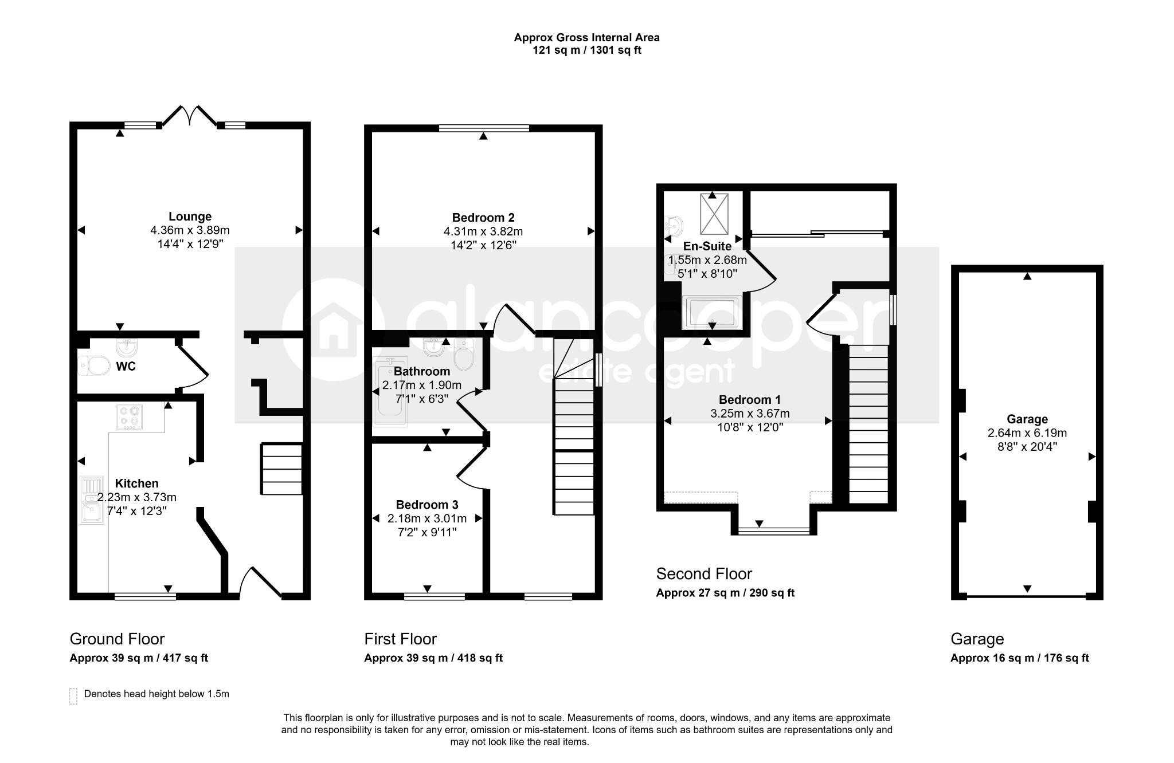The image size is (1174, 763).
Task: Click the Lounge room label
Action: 190,217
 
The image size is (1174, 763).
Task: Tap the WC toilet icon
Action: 94,365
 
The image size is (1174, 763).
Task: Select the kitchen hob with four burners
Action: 129,417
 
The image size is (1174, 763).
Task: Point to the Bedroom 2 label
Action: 483,218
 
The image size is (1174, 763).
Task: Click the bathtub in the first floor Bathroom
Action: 390,392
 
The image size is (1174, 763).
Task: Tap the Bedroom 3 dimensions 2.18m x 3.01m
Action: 427,518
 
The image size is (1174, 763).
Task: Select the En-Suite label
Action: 707,246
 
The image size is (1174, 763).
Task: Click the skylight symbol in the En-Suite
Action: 714,214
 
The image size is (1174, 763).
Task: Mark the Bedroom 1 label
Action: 750,400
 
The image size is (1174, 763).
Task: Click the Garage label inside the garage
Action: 1027,419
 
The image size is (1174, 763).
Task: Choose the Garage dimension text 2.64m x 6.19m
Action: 1027,433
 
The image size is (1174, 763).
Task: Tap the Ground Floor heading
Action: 117,639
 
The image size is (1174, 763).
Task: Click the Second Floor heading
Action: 704,573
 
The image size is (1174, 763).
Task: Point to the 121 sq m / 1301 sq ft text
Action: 586,50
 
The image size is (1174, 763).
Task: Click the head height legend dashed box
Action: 73,696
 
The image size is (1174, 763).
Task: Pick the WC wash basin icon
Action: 126,347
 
